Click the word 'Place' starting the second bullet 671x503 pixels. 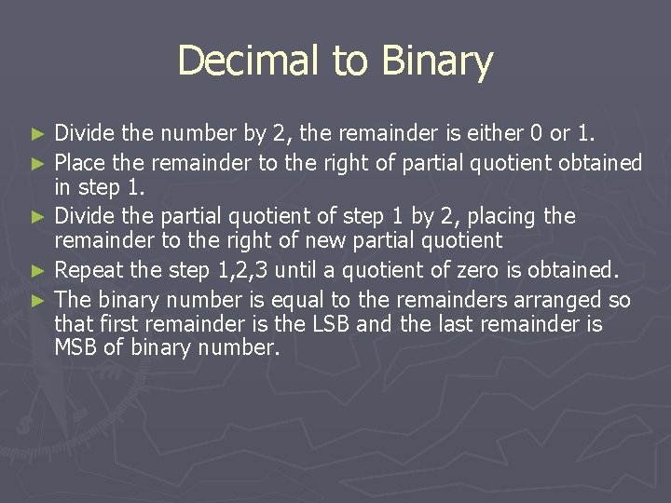(80, 164)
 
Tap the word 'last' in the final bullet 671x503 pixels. (455, 325)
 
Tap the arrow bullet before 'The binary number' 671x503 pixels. (38, 301)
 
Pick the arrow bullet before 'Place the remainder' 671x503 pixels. (38, 164)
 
